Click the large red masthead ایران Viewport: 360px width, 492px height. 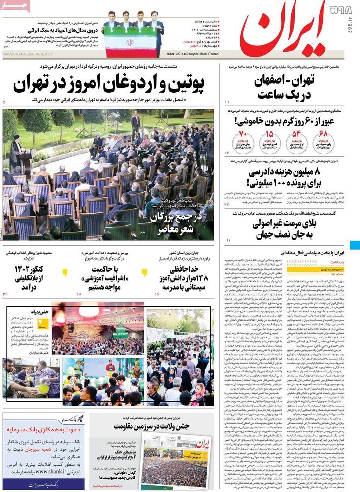(x=283, y=30)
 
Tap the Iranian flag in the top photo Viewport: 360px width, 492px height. (x=130, y=42)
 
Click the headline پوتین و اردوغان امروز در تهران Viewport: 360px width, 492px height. (x=108, y=84)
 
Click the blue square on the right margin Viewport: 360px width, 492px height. (x=355, y=245)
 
